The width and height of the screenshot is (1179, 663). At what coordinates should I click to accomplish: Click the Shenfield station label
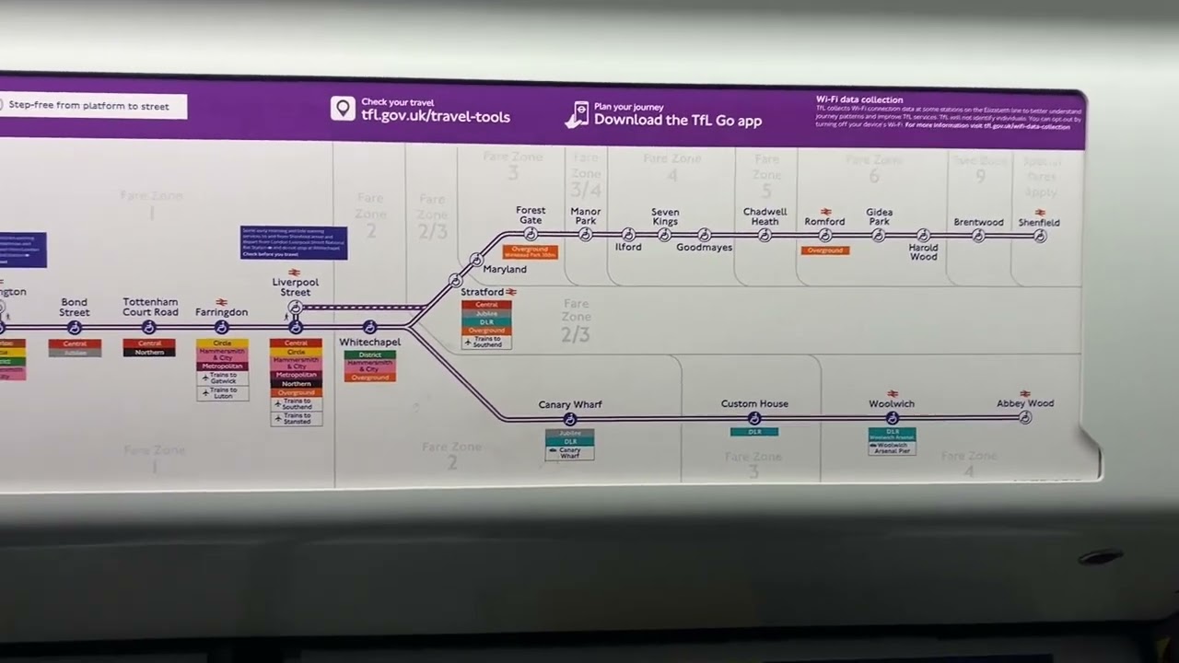click(x=1039, y=223)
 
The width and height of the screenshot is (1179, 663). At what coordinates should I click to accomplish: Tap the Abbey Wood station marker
click(x=1025, y=418)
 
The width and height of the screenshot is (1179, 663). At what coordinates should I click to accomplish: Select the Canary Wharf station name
click(x=570, y=405)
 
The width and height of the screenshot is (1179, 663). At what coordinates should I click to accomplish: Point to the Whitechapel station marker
click(x=369, y=327)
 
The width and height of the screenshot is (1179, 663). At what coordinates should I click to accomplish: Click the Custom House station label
click(x=754, y=404)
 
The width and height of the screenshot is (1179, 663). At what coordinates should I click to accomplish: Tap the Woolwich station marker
click(x=892, y=418)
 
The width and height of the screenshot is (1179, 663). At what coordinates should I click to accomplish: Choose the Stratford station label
click(x=483, y=293)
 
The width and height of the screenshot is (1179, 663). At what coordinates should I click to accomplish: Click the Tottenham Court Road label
click(x=150, y=307)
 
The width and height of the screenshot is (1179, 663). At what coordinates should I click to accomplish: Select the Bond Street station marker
click(x=75, y=328)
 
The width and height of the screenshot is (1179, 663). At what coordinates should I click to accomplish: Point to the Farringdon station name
click(x=221, y=312)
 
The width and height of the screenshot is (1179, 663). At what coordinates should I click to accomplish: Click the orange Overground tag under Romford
click(x=825, y=250)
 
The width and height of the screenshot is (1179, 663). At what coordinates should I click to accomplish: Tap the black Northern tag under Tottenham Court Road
click(x=149, y=352)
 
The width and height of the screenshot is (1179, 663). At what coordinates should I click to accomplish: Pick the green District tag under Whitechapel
click(x=369, y=355)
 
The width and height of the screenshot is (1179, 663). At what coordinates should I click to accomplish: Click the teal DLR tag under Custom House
click(x=754, y=432)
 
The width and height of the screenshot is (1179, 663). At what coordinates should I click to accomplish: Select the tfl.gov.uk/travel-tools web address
click(x=436, y=117)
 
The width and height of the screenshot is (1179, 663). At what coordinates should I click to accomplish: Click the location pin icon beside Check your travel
click(x=343, y=109)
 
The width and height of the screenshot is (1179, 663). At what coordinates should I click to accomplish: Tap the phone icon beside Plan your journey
click(x=577, y=114)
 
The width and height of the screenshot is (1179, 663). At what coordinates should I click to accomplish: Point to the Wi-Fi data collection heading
click(x=859, y=99)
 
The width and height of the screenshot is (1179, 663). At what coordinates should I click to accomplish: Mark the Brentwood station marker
click(x=978, y=236)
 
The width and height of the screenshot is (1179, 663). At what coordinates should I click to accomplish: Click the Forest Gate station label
click(x=531, y=215)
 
